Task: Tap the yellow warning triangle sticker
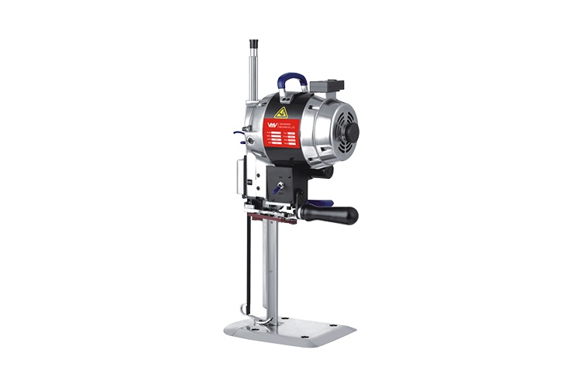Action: click(280, 113)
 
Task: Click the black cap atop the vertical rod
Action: click(253, 46)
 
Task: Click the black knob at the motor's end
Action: click(352, 132)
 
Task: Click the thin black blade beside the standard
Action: click(249, 263)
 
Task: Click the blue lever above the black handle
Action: click(322, 204)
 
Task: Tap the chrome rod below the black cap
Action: click(253, 77)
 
